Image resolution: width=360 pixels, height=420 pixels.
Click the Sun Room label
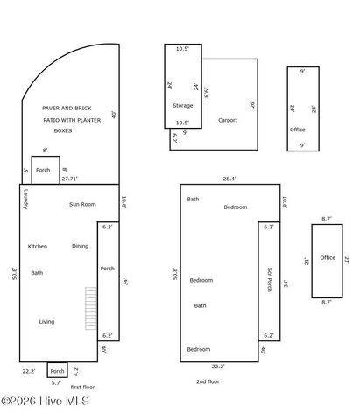(82, 204)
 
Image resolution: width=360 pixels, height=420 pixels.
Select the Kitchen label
(37, 246)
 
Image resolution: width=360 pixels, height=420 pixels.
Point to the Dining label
(80, 246)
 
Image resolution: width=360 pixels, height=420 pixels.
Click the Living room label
(46, 321)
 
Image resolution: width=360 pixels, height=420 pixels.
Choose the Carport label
(228, 120)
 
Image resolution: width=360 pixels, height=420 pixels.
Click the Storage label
(182, 105)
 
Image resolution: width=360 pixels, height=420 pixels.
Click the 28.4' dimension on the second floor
(229, 178)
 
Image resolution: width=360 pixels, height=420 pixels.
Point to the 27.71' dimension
(70, 178)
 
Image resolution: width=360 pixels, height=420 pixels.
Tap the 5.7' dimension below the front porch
(56, 382)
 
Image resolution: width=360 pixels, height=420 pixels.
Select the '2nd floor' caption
(208, 381)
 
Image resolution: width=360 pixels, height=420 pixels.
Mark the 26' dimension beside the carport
(252, 104)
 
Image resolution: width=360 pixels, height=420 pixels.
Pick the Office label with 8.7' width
(328, 257)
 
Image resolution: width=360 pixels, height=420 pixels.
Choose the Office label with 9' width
(297, 129)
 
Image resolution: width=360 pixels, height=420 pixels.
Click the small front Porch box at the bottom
(56, 370)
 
